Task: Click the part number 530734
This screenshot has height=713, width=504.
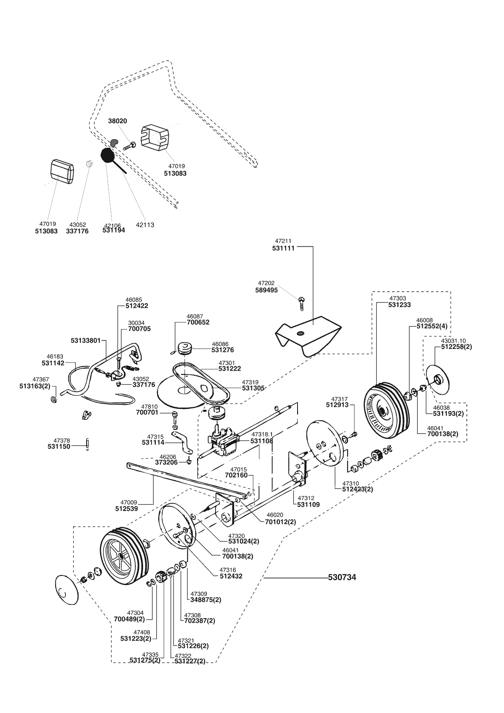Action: tap(342, 577)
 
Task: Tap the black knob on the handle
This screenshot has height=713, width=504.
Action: tap(108, 155)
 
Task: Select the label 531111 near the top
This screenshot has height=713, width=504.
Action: tap(283, 248)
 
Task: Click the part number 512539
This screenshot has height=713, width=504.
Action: tap(126, 509)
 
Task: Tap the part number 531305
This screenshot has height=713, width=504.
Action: tap(253, 388)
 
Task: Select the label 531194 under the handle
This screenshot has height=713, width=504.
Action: tap(113, 230)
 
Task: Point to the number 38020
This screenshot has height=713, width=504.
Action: tap(117, 121)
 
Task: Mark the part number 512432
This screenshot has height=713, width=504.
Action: tap(231, 576)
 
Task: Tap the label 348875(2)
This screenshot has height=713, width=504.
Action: tap(206, 600)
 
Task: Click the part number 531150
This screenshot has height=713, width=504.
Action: tap(59, 446)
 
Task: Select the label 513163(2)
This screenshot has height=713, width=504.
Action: tap(35, 386)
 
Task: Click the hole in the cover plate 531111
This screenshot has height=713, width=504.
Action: tap(300, 334)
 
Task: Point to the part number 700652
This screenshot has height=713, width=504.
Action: tap(198, 322)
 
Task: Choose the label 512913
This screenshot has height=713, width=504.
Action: tap(337, 405)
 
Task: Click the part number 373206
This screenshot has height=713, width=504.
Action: tap(166, 462)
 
